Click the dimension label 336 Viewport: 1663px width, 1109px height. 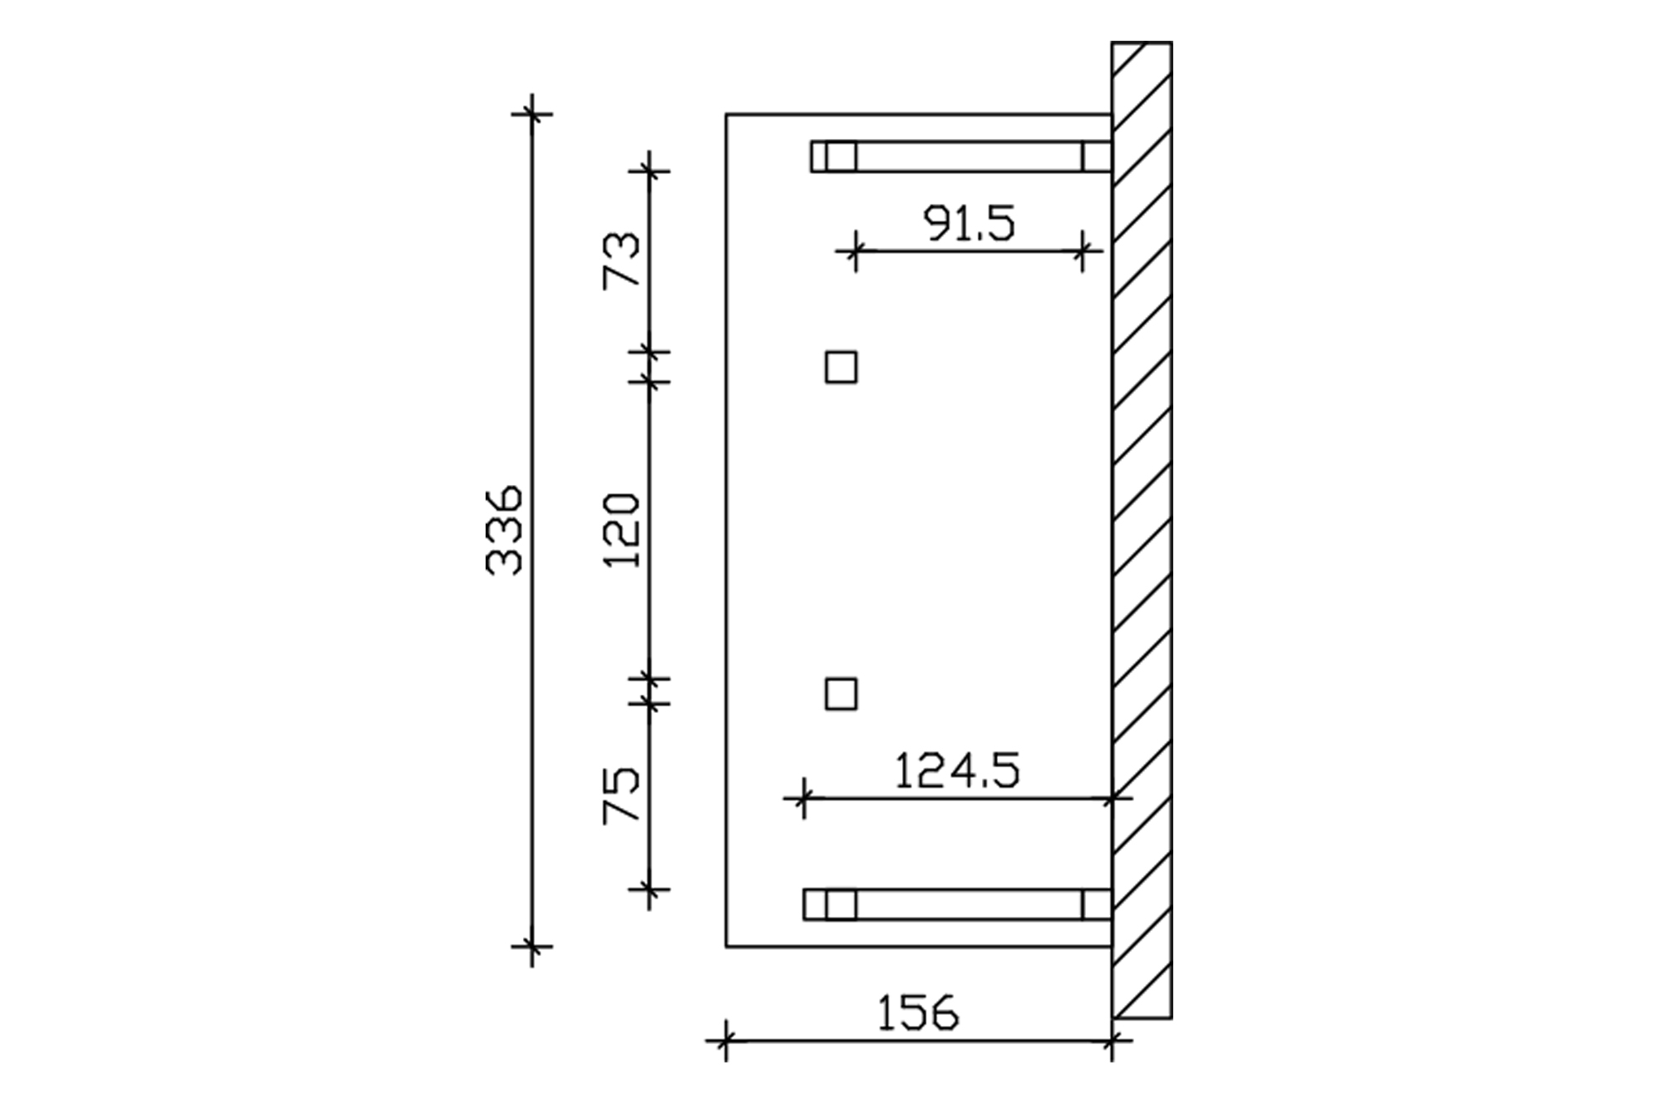504,530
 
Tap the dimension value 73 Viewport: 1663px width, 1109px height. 623,260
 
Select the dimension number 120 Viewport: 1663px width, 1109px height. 623,530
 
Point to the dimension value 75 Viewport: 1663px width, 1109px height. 623,795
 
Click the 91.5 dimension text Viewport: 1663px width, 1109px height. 970,224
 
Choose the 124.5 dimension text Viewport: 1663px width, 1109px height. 956,771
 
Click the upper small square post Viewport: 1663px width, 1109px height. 841,367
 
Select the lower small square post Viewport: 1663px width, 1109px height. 841,694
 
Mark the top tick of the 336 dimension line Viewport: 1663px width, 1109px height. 533,112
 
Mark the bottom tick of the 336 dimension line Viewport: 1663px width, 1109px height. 533,946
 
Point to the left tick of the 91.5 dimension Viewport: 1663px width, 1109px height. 854,250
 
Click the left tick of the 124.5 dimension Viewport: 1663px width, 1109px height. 803,799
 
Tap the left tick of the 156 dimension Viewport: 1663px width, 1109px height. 726,1040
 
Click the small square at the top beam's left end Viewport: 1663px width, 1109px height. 841,156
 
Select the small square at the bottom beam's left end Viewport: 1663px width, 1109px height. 841,904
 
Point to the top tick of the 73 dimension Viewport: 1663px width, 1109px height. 649,171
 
